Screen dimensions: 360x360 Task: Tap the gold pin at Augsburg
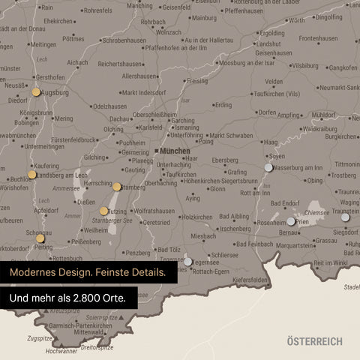click(36, 92)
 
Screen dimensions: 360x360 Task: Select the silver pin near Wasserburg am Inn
click(268, 168)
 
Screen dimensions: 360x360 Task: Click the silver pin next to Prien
click(291, 221)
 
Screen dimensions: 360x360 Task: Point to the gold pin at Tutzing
click(104, 211)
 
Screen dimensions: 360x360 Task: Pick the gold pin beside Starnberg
click(117, 187)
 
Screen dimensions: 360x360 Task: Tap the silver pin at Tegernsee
click(188, 262)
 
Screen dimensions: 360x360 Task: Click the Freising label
click(197, 80)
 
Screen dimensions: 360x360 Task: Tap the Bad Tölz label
click(168, 249)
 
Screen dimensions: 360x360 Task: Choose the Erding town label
click(223, 105)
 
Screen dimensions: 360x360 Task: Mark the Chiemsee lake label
click(316, 212)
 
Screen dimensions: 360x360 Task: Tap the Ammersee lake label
click(67, 188)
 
